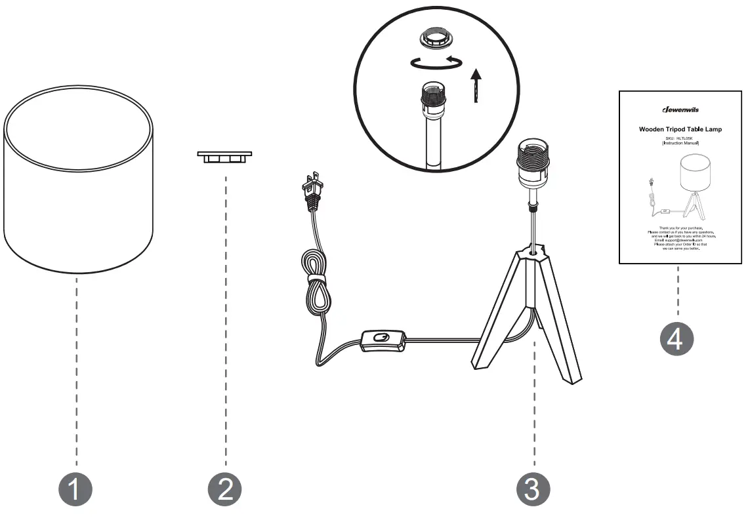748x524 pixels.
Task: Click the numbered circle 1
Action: [x=75, y=489]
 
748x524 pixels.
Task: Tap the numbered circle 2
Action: [x=225, y=489]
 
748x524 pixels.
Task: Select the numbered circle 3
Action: [x=533, y=489]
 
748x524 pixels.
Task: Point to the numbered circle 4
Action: [x=676, y=339]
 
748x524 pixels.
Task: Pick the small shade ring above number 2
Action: [x=225, y=157]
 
